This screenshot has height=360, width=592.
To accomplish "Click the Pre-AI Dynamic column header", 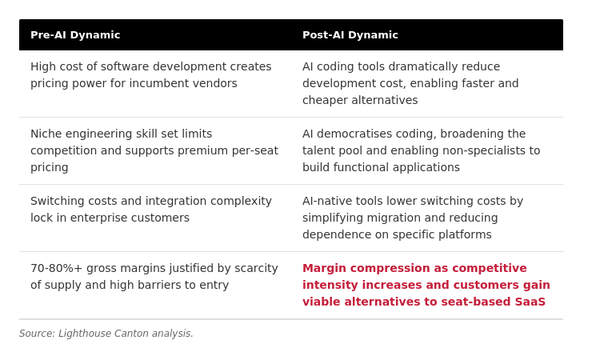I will [75, 35].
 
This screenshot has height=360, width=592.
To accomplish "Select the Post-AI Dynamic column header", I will [350, 35].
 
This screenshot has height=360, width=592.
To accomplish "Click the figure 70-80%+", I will [56, 268].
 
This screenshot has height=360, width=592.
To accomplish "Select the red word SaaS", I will [530, 302].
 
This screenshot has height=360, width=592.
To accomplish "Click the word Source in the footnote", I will [37, 334].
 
